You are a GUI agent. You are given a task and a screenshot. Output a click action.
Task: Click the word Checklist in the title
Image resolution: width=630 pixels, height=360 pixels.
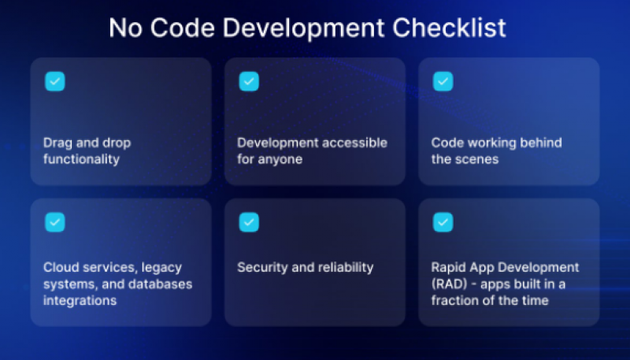point(449,28)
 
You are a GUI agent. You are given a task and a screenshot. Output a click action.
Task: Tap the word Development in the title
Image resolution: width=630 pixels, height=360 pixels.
point(303,28)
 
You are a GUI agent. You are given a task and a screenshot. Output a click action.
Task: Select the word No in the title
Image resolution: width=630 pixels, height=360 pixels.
point(125,28)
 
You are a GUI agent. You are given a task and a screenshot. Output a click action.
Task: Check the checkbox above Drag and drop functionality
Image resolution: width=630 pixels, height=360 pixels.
point(55,82)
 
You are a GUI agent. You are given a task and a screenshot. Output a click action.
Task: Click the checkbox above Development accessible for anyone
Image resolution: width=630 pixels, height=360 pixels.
point(249,82)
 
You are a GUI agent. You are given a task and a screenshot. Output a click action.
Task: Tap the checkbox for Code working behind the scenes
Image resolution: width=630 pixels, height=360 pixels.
point(443,82)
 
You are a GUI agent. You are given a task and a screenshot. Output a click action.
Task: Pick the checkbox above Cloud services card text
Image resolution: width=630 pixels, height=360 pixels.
point(55,222)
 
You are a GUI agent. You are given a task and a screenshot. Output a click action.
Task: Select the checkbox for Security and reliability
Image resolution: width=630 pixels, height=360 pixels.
point(249,222)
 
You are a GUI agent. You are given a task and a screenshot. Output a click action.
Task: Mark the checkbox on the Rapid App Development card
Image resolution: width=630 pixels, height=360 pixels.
point(443,222)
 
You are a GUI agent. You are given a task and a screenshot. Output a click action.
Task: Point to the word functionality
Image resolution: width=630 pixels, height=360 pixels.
point(82,159)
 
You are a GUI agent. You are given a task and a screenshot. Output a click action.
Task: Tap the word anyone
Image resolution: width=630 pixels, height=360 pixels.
point(280,160)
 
